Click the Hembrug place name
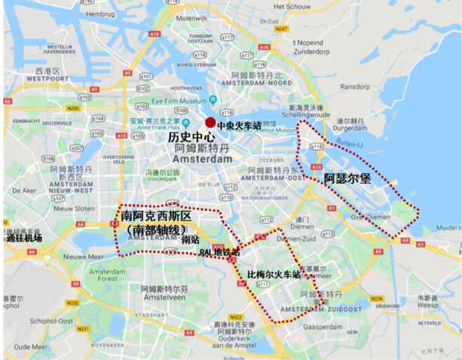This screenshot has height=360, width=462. tap(99, 14)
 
